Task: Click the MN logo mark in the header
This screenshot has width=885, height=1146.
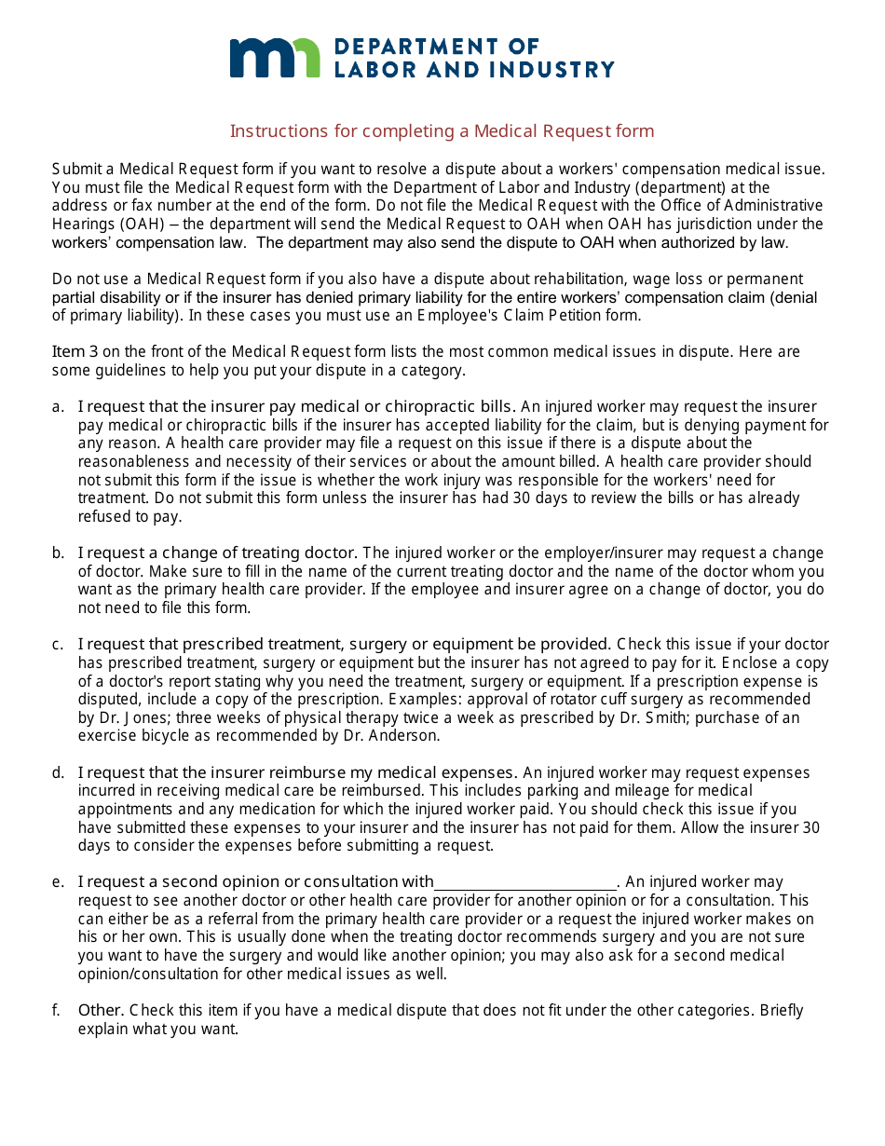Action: (274, 58)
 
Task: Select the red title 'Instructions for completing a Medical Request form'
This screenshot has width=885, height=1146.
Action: (442, 131)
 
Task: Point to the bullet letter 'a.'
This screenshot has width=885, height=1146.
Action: (59, 407)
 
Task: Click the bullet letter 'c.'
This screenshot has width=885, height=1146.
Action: (59, 645)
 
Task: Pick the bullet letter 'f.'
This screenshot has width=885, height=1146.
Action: (58, 1011)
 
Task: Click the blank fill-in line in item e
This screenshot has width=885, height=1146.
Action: (525, 882)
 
